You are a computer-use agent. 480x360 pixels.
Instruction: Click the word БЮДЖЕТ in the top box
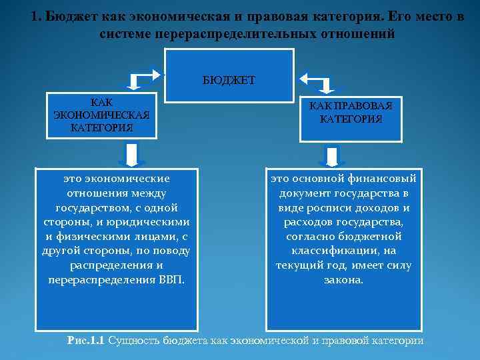[229, 80]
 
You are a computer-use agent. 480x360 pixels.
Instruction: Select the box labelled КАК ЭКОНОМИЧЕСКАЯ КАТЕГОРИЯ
[101, 115]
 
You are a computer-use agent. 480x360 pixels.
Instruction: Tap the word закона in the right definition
[344, 280]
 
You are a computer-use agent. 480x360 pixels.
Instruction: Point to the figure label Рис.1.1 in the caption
[86, 341]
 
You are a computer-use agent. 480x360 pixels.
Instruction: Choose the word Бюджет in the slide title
[69, 16]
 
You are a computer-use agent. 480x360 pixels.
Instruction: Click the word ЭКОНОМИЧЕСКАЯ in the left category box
[101, 115]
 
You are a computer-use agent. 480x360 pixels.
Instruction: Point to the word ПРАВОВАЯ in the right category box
[362, 106]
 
